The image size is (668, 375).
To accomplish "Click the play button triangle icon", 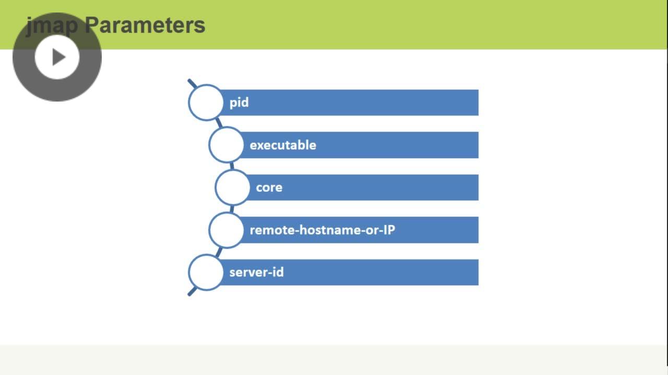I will tap(58, 57).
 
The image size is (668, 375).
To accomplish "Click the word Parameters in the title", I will tap(145, 25).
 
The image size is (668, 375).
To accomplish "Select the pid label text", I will tap(239, 103).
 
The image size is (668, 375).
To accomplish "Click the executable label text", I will tap(283, 145).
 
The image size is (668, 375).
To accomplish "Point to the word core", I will tap(269, 187).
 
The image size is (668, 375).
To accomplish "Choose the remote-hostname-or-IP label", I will tap(322, 230).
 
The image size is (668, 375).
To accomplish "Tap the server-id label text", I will tap(256, 272).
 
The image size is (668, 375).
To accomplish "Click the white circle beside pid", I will tap(206, 103).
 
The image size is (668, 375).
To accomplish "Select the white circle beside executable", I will tap(226, 145).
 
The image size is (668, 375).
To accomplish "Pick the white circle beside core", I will tap(232, 187).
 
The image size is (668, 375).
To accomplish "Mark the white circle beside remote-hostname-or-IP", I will tap(226, 230).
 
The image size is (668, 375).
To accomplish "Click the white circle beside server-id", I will tap(206, 272).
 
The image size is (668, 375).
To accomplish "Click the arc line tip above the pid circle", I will tap(189, 81).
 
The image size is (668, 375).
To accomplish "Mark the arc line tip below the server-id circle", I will tap(189, 294).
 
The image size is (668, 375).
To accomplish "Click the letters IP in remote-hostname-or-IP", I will tap(389, 230).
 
